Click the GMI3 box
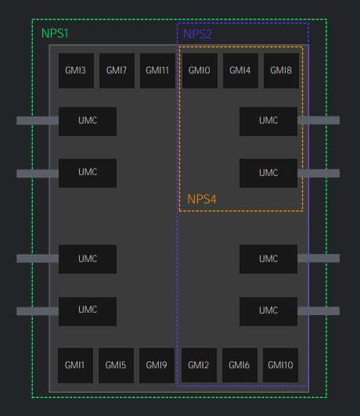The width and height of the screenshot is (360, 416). pyautogui.click(x=76, y=70)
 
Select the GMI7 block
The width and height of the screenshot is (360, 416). pyautogui.click(x=117, y=70)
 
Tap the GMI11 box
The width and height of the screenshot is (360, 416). pyautogui.click(x=157, y=70)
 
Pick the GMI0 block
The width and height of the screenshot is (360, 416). pyautogui.click(x=200, y=70)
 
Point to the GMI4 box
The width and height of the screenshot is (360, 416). pyautogui.click(x=240, y=70)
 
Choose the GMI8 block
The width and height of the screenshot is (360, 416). pyautogui.click(x=281, y=70)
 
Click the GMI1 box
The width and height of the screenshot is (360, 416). pyautogui.click(x=75, y=365)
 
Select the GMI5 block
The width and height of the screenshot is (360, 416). pyautogui.click(x=116, y=365)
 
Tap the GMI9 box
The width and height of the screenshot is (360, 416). pyautogui.click(x=157, y=365)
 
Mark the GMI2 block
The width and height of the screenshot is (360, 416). pyautogui.click(x=199, y=365)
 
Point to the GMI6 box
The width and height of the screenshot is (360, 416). pyautogui.click(x=239, y=365)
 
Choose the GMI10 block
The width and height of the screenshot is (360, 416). pyautogui.click(x=280, y=365)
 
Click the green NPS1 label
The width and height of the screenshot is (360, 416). pyautogui.click(x=55, y=34)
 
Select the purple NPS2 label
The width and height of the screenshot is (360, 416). pyautogui.click(x=197, y=34)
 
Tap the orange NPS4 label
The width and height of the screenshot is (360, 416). pyautogui.click(x=202, y=199)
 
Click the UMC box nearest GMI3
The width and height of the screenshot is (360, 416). pyautogui.click(x=88, y=121)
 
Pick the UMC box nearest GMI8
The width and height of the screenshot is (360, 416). pyautogui.click(x=268, y=121)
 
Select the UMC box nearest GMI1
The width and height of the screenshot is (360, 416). pyautogui.click(x=88, y=311)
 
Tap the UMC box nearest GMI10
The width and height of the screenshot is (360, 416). pyautogui.click(x=268, y=311)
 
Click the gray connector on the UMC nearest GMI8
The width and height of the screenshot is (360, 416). pyautogui.click(x=319, y=120)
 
